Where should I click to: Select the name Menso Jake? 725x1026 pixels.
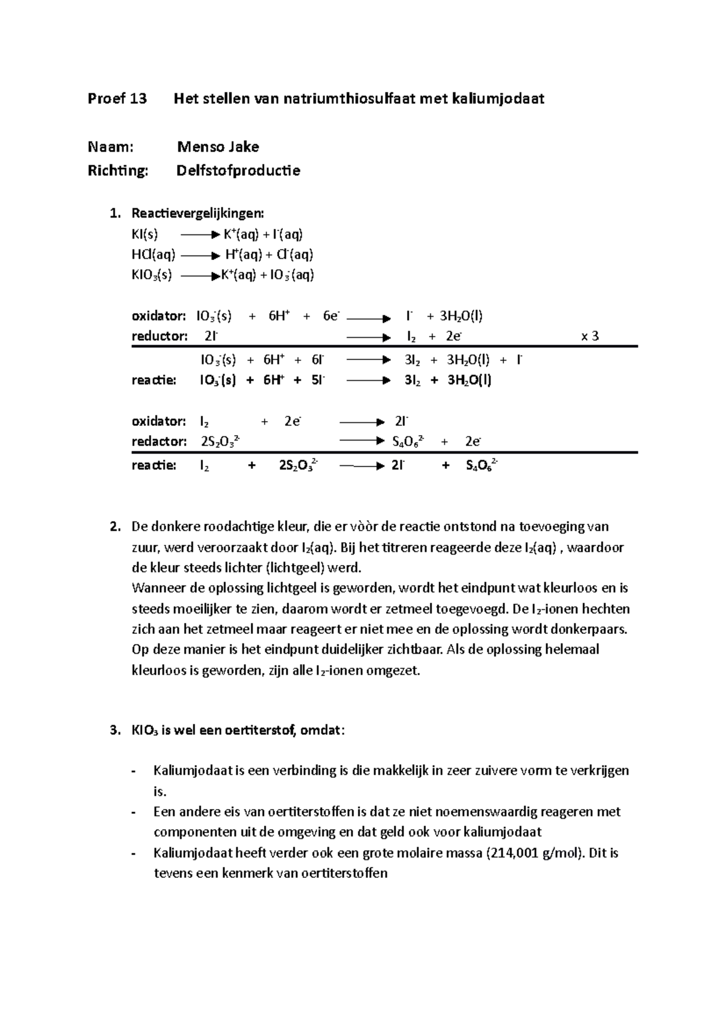[x=217, y=147]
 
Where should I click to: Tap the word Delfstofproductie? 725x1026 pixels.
[x=237, y=171]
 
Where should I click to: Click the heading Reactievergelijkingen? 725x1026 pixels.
[x=198, y=213]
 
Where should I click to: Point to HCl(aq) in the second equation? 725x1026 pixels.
[x=153, y=254]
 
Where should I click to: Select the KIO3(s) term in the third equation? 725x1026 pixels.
[x=152, y=276]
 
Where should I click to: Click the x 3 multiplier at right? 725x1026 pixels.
[x=590, y=337]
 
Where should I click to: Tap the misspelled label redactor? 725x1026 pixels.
[x=159, y=441]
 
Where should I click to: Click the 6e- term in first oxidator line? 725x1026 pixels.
[x=332, y=316]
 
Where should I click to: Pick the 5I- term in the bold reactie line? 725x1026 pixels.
[x=317, y=381]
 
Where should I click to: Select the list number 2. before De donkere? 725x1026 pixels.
[x=115, y=526]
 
